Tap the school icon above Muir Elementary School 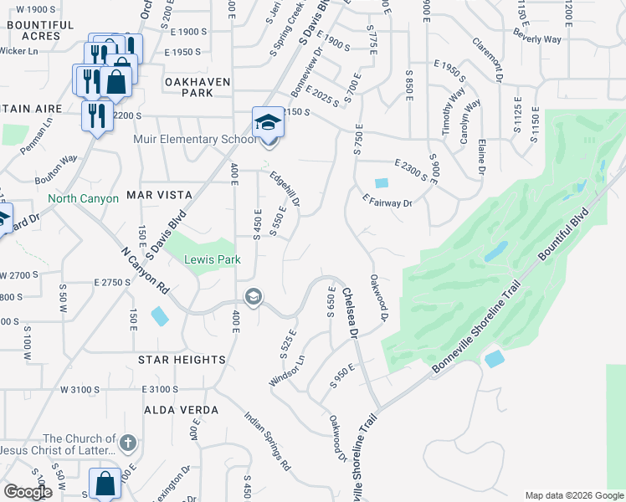pyautogui.click(x=268, y=123)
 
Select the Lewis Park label pyautogui.click(x=213, y=260)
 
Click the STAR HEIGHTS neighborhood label pyautogui.click(x=182, y=360)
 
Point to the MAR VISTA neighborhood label pyautogui.click(x=159, y=195)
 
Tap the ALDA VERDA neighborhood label pyautogui.click(x=182, y=410)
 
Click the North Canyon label pyautogui.click(x=83, y=199)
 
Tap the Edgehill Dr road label pyautogui.click(x=285, y=190)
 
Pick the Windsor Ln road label pyautogui.click(x=286, y=370)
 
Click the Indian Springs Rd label pyautogui.click(x=268, y=440)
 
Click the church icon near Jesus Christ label pyautogui.click(x=127, y=441)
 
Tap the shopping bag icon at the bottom pyautogui.click(x=105, y=484)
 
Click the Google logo pyautogui.click(x=28, y=492)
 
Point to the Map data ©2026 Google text pyautogui.click(x=573, y=495)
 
